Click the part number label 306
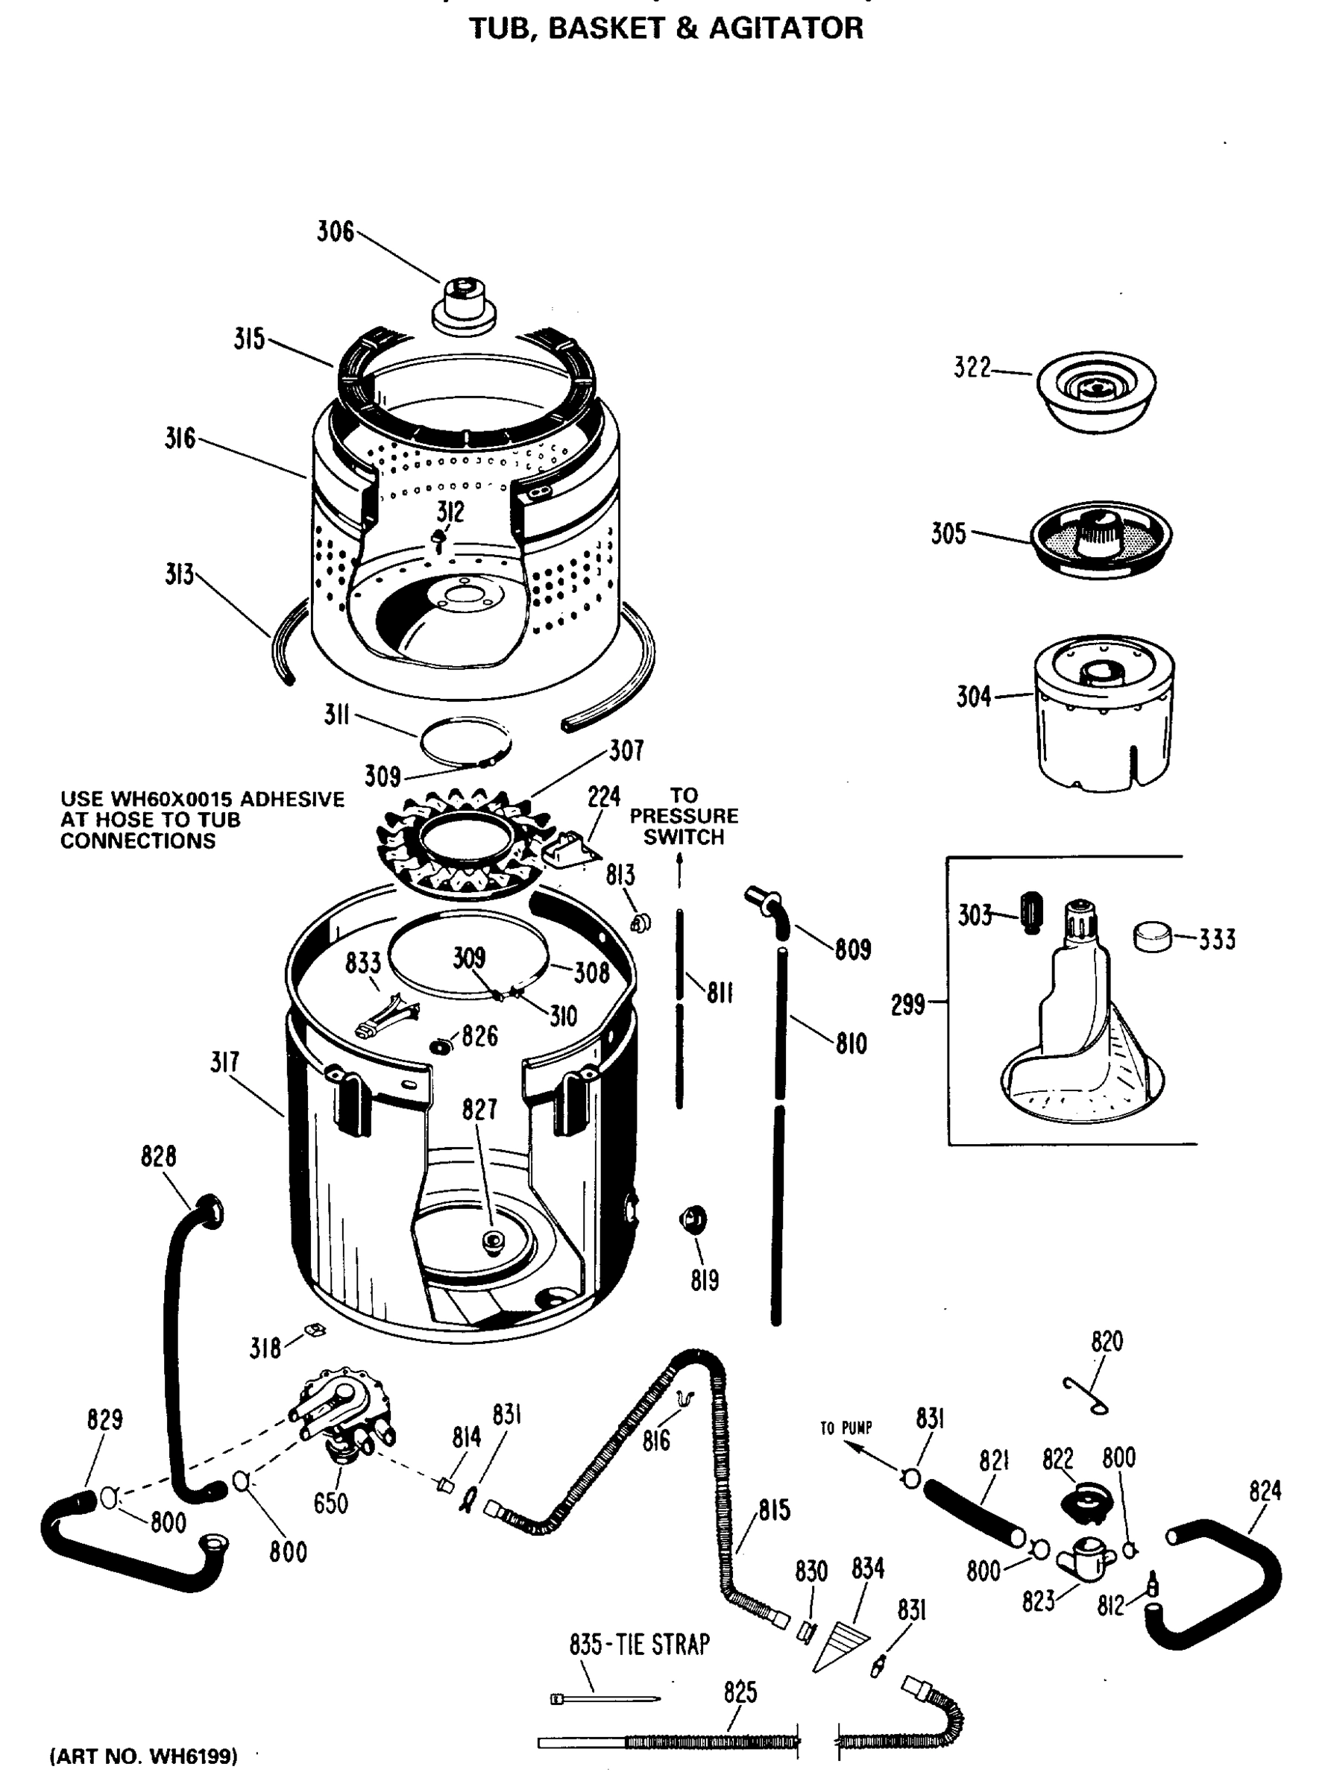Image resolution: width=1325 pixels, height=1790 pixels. pos(336,232)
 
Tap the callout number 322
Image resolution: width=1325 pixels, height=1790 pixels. pos(972,368)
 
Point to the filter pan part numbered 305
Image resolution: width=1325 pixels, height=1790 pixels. pos(1101,538)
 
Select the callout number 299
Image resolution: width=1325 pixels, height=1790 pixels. pos(908,1005)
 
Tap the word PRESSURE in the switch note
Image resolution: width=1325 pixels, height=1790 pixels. pos(683,816)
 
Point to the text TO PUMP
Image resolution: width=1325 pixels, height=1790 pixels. pos(846,1428)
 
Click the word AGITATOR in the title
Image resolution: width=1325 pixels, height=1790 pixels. pos(786,29)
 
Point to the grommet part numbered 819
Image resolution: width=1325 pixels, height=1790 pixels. pos(693,1219)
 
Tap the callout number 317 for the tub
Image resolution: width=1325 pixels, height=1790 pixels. pos(224,1062)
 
